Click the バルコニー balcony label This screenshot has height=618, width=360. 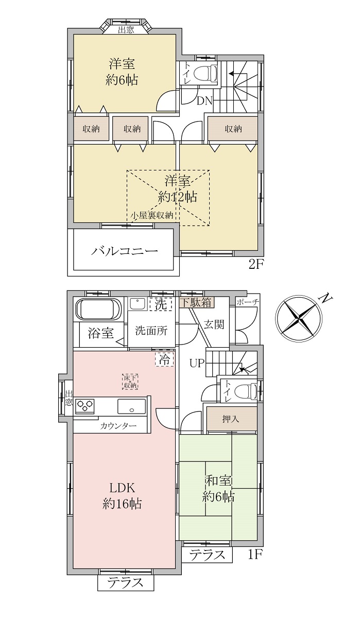125,251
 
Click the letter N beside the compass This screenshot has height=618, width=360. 327,298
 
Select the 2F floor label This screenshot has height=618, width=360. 256,265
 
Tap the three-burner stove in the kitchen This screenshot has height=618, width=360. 84,406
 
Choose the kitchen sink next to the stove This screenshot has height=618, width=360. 131,406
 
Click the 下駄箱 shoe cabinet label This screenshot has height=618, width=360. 197,303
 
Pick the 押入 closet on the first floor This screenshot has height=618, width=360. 231,419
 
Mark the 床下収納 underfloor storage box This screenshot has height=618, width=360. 130,382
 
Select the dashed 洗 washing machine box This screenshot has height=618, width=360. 161,304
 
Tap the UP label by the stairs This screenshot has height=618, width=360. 197,364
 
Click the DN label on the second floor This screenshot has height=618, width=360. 204,101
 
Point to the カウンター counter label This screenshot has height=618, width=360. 118,426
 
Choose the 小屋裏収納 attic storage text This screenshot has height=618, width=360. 152,215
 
